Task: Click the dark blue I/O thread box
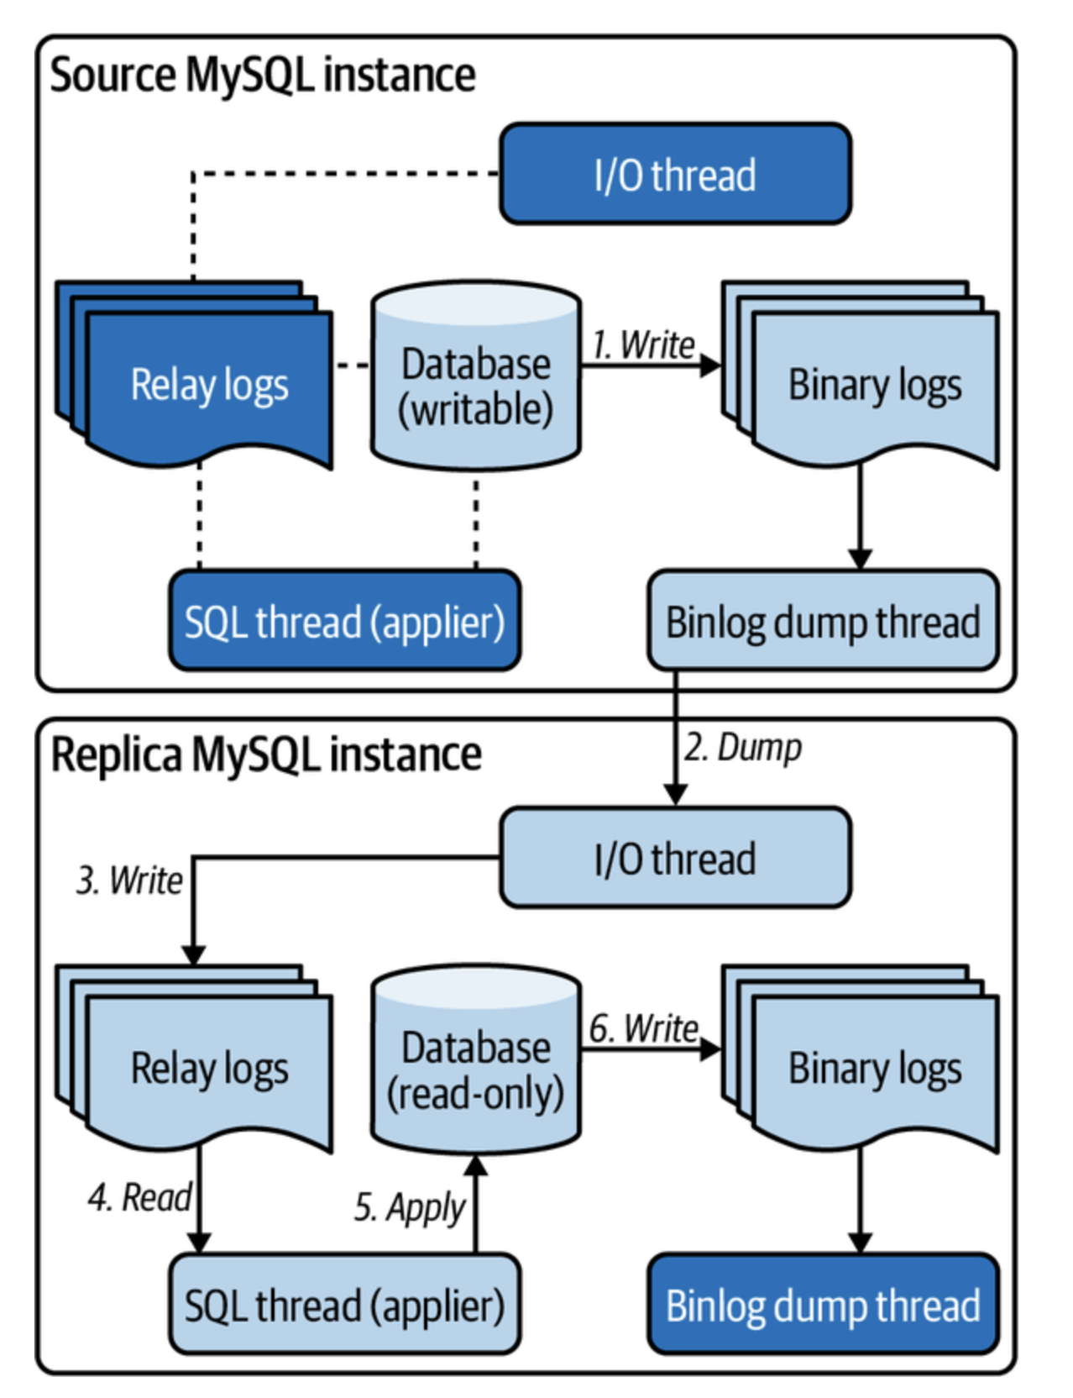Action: point(675,174)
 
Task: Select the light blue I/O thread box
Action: point(675,858)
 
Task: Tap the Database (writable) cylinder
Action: point(476,378)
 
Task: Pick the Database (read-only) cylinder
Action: point(476,1063)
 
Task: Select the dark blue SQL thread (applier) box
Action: point(344,621)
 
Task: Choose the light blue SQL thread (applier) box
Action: point(344,1305)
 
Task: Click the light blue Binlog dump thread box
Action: point(823,621)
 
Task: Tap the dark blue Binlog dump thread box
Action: point(823,1305)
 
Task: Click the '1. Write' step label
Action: point(643,344)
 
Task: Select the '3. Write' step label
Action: point(129,880)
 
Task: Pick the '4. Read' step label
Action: point(139,1197)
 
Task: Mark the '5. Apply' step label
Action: point(409,1207)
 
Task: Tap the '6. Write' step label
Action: point(643,1028)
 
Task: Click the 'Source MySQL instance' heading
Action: point(262,76)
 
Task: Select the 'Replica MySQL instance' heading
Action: point(266,754)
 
